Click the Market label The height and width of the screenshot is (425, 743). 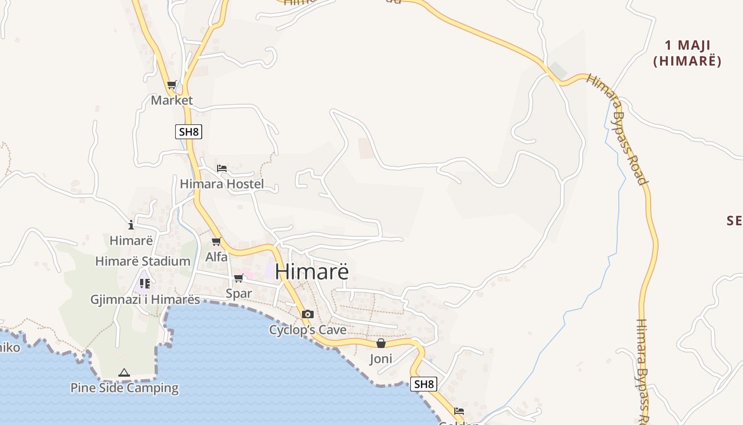(x=171, y=100)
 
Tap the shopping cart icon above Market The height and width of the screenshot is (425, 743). (x=171, y=85)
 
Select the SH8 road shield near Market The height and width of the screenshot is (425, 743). (x=188, y=131)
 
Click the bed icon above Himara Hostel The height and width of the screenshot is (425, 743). (x=222, y=168)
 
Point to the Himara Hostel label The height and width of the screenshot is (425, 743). (x=222, y=184)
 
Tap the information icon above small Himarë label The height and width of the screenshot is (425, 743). (x=131, y=225)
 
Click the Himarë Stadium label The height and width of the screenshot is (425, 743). (x=143, y=261)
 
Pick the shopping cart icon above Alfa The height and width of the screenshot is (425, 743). (x=216, y=242)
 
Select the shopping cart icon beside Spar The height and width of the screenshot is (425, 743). (x=238, y=278)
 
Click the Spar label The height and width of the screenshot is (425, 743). (x=239, y=293)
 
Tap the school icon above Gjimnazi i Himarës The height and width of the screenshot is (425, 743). (x=145, y=284)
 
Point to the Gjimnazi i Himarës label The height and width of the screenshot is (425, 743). (x=145, y=300)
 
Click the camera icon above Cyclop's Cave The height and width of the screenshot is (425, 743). (x=307, y=314)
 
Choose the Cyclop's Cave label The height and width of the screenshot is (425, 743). (x=308, y=330)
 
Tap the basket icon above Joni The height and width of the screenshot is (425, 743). (x=381, y=344)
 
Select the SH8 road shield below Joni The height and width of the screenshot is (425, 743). (x=424, y=384)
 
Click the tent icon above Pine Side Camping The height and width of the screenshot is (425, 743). (x=124, y=373)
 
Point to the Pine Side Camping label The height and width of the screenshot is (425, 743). (x=124, y=388)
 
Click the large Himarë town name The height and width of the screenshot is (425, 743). (x=312, y=271)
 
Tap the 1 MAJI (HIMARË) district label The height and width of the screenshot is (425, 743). (x=687, y=53)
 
